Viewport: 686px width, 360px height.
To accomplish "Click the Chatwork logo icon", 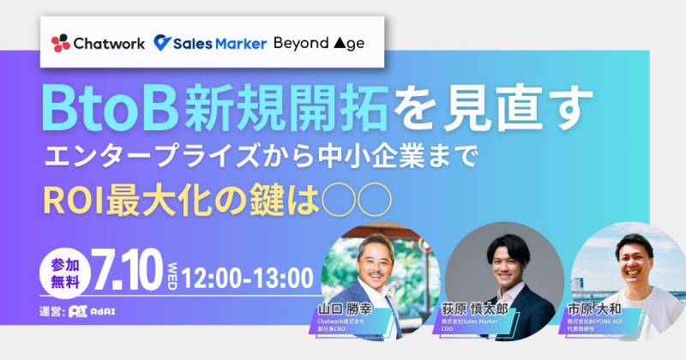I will tap(61, 43).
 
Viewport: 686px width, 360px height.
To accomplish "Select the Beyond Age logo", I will tap(319, 43).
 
